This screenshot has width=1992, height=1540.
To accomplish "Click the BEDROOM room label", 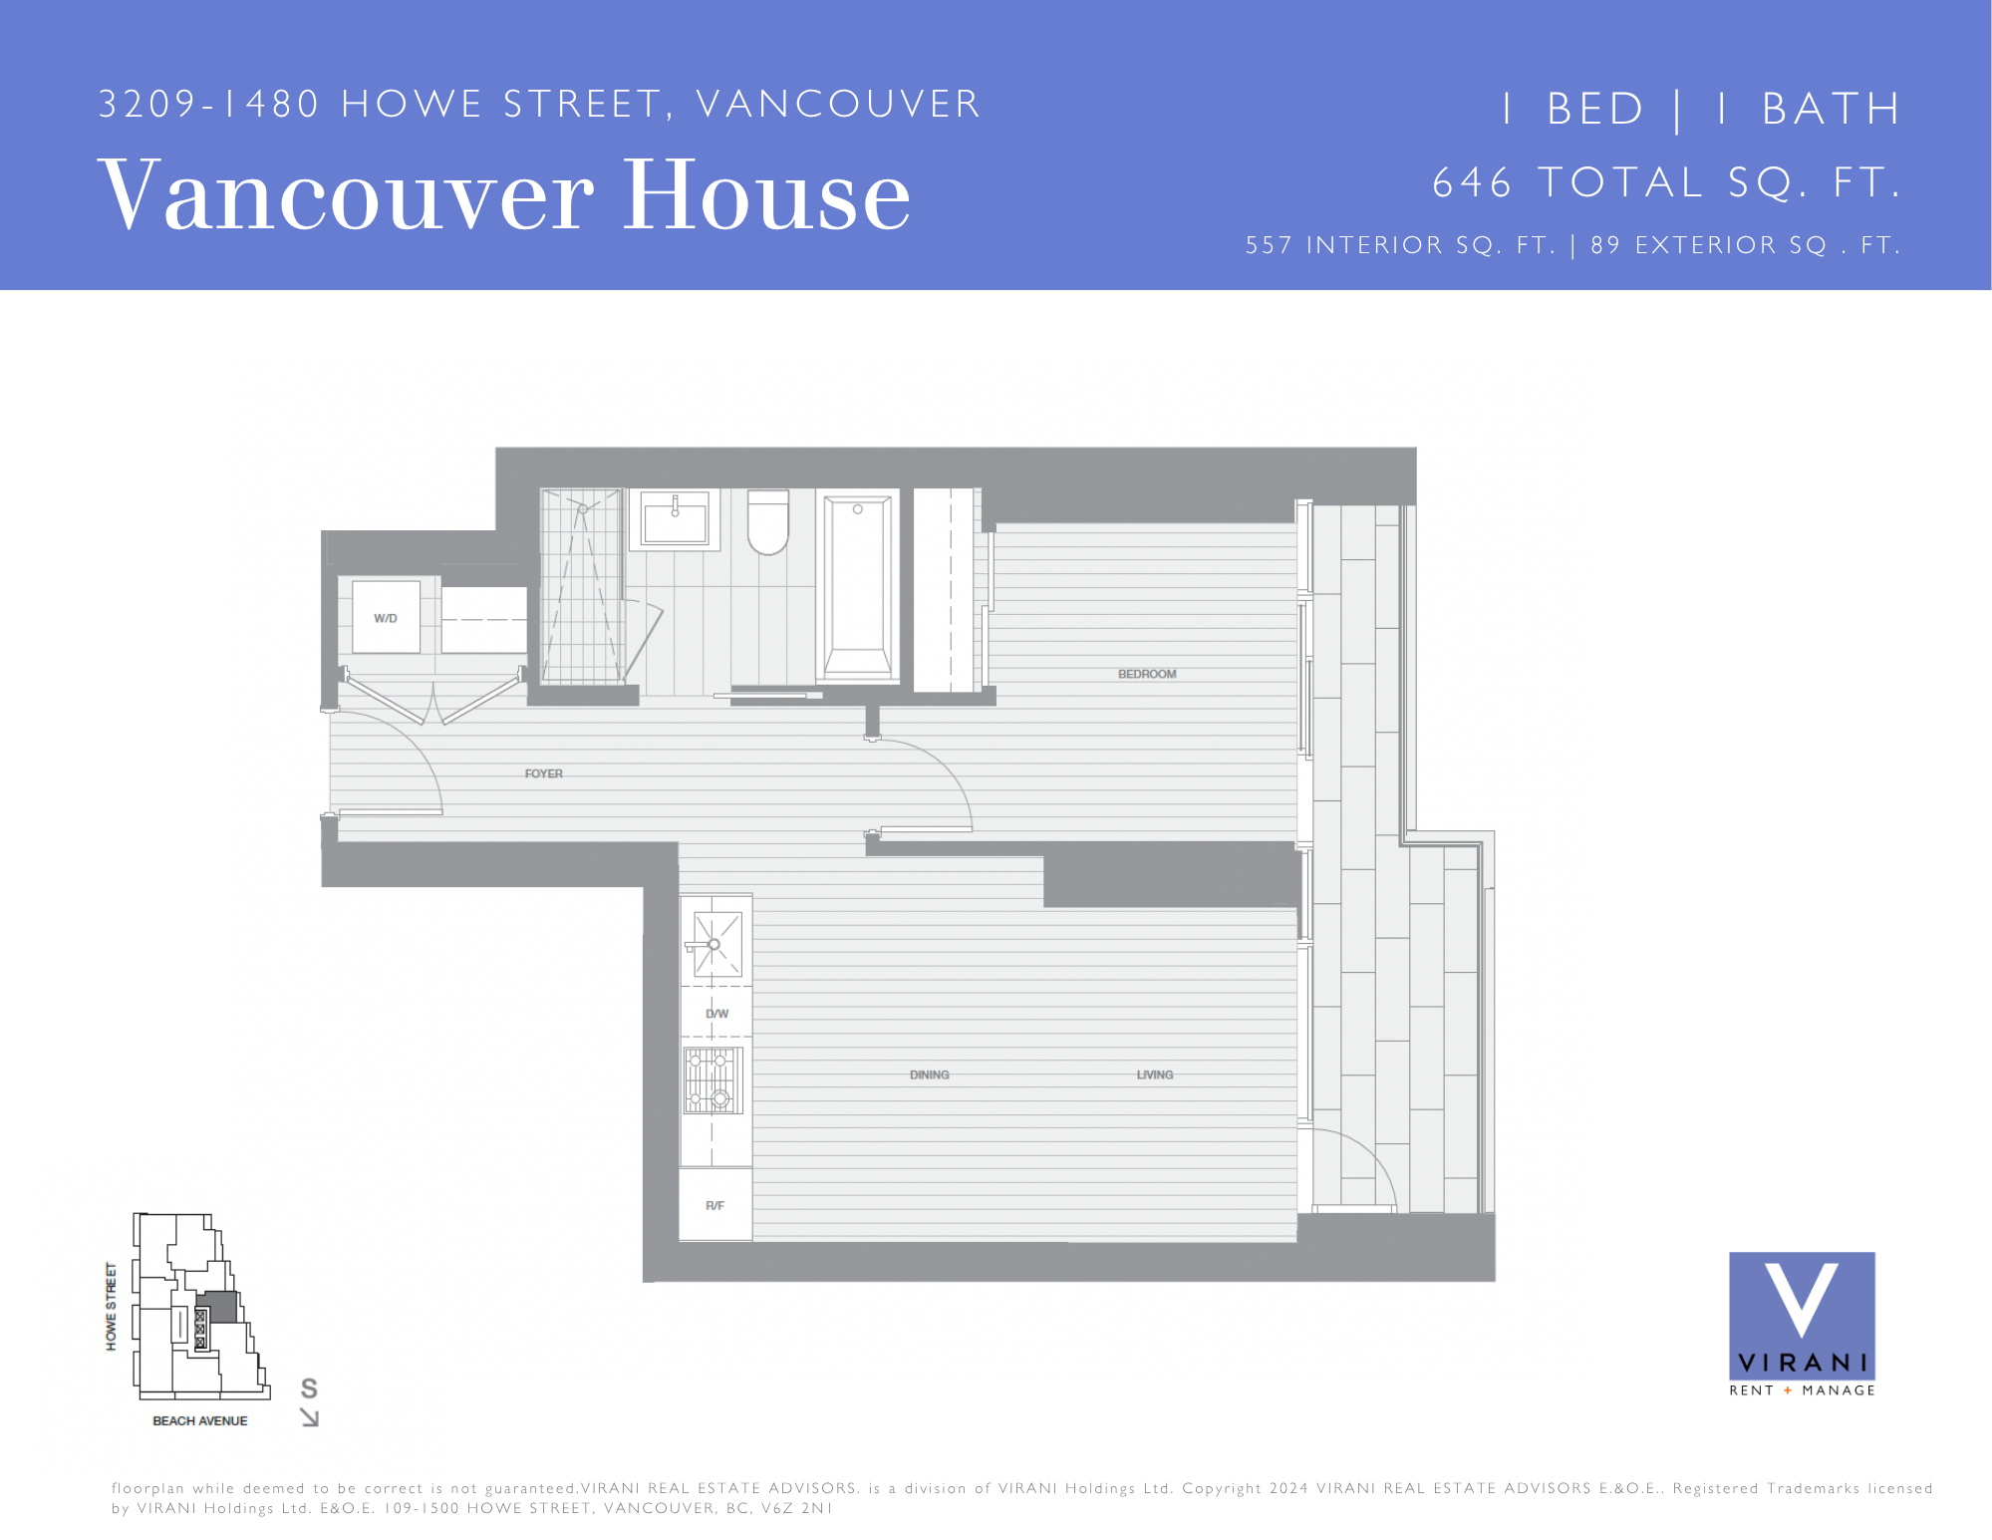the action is pyautogui.click(x=1147, y=674).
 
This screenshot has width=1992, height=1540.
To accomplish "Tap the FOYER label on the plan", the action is pyautogui.click(x=544, y=773).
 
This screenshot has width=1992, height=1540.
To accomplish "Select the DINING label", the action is pyautogui.click(x=929, y=1075).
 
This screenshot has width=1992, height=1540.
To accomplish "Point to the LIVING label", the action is pyautogui.click(x=1155, y=1075).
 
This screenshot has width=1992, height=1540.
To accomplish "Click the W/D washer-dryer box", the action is pyautogui.click(x=386, y=617).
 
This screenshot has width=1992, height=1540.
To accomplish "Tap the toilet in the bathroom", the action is pyautogui.click(x=768, y=521).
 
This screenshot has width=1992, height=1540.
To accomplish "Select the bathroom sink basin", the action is pyautogui.click(x=675, y=519).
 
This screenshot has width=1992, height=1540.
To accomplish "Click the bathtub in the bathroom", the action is pyautogui.click(x=857, y=587).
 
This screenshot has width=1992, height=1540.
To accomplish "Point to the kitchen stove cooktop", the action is pyautogui.click(x=712, y=1080).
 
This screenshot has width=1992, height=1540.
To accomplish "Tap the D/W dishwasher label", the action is pyautogui.click(x=717, y=1014).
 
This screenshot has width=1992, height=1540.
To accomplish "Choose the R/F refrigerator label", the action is pyautogui.click(x=714, y=1206).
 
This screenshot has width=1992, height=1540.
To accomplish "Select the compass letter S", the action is pyautogui.click(x=309, y=1388).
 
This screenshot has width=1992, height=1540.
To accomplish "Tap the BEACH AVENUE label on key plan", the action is pyautogui.click(x=200, y=1421).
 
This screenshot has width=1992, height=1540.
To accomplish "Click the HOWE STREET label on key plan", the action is pyautogui.click(x=112, y=1307).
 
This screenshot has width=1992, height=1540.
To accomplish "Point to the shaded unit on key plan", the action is pyautogui.click(x=219, y=1307).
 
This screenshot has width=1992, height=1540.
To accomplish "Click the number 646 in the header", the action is pyautogui.click(x=1473, y=183).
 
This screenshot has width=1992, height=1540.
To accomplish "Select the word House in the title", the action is pyautogui.click(x=766, y=196).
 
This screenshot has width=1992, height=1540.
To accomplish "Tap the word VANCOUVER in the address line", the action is pyautogui.click(x=839, y=105).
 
